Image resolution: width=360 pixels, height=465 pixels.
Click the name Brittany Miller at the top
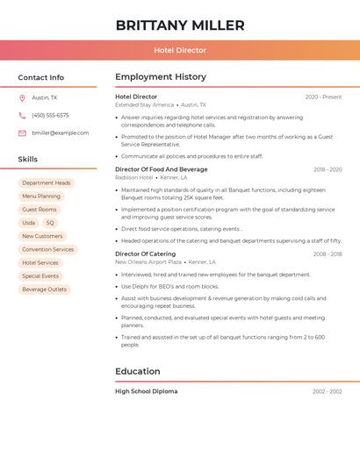179,25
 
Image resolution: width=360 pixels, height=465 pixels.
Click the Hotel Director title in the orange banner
180,51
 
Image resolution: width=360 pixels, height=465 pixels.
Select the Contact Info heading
41,77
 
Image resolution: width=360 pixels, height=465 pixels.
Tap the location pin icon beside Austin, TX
22,97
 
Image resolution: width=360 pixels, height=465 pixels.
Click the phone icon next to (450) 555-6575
22,115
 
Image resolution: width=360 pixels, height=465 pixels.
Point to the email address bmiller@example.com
60,133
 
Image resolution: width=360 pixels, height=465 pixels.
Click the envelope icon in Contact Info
22,133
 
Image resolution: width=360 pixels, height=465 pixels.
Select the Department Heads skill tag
46,183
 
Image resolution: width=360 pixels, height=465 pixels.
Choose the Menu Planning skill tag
41,197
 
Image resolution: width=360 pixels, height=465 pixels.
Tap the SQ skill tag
50,223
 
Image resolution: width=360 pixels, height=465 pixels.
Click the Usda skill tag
29,223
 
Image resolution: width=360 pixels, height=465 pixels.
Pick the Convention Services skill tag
47,249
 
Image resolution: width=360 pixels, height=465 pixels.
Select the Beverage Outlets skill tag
44,290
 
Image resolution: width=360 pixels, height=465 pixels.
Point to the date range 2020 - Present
323,97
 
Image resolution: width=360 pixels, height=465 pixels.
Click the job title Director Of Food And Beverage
162,169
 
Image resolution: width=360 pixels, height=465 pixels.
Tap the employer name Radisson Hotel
133,177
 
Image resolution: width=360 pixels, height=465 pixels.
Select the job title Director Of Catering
145,254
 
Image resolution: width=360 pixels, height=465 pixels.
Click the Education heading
138,371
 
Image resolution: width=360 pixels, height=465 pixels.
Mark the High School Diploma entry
146,391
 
